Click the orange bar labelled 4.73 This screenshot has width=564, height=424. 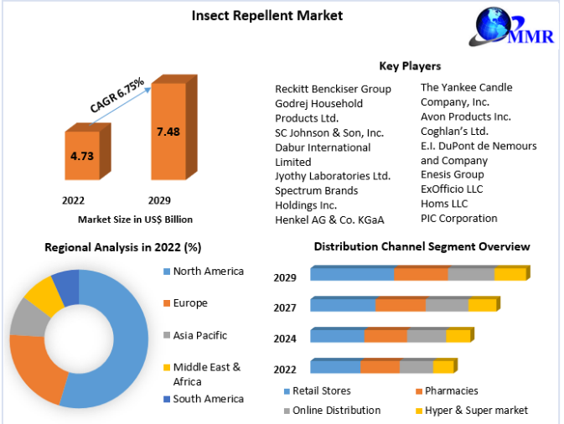coord(81,155)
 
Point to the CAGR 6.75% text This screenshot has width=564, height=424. coord(117,95)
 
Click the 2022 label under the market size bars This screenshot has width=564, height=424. coord(73,201)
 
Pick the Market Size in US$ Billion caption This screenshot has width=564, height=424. coord(135,220)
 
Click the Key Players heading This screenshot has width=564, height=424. coord(410,65)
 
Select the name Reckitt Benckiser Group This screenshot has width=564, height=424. coord(333,89)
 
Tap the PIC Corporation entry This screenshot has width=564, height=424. coord(458,218)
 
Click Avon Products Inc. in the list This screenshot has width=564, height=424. coord(466,116)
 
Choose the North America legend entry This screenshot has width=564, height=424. coord(208,271)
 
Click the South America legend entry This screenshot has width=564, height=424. coord(208,399)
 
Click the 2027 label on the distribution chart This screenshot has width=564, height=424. coord(285,308)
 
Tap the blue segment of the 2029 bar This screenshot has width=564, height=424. coord(351,274)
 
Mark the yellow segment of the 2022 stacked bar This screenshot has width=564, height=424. coord(442,366)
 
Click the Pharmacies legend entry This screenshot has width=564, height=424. coord(451,390)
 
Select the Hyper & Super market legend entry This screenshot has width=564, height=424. coord(476,410)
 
